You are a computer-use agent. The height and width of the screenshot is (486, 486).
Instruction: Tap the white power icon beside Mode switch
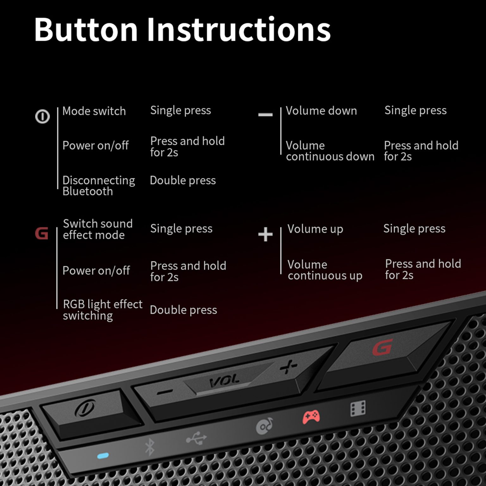[x=42, y=116]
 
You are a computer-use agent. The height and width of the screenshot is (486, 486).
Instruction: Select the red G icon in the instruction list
[x=41, y=234]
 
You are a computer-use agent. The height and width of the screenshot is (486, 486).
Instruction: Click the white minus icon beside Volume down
[x=265, y=114]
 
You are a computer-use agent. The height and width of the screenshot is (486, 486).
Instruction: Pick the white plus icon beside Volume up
[x=265, y=234]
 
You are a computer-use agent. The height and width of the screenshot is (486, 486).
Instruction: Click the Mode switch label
[x=94, y=111]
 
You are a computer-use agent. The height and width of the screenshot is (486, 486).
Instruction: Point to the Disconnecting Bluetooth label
[x=99, y=186]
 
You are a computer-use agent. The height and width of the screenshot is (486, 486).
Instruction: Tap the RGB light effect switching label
[x=103, y=310]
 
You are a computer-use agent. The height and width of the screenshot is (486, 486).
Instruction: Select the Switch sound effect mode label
[x=97, y=229]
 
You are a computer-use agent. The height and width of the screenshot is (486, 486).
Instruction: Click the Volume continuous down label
[x=330, y=151]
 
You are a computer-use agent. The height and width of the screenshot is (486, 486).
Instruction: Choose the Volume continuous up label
[x=325, y=270]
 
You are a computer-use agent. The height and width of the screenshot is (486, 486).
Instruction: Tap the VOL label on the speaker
[x=224, y=381]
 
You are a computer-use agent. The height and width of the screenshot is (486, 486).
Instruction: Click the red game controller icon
[x=311, y=417]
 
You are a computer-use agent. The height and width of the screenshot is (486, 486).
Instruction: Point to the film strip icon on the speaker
[x=358, y=408]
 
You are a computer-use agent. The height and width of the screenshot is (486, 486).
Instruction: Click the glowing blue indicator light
[x=103, y=456]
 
